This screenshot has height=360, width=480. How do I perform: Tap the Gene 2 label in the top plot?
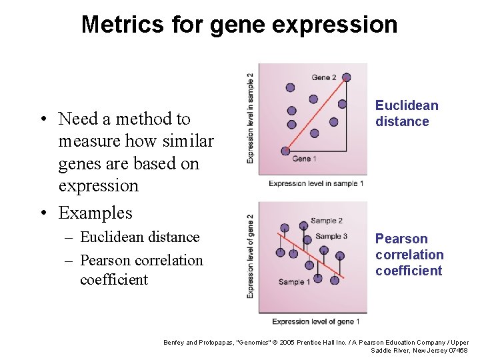click(x=324, y=77)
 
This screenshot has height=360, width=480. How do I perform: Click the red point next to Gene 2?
click(x=346, y=77)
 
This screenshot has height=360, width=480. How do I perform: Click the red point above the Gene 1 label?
click(x=285, y=151)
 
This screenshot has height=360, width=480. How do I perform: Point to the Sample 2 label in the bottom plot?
click(x=326, y=221)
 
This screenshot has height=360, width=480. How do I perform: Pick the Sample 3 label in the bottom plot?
click(x=331, y=236)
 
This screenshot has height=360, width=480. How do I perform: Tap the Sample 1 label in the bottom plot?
click(x=295, y=281)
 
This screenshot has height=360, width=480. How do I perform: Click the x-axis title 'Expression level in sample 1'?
click(x=316, y=183)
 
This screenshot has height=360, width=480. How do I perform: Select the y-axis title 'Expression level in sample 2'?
click(x=250, y=118)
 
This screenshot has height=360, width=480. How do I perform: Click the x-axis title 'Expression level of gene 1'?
click(x=315, y=321)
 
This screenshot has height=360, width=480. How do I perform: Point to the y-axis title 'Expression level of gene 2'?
click(x=250, y=256)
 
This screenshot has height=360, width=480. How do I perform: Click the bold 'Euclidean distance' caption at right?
click(x=406, y=113)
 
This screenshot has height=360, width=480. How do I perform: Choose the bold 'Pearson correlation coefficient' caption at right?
click(x=409, y=255)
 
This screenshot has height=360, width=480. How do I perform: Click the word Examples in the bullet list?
click(x=95, y=213)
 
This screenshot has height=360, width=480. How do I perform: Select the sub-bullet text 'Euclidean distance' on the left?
click(x=139, y=237)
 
